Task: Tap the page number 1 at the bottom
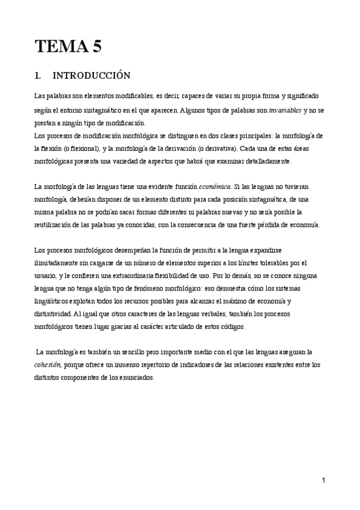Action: click(323, 480)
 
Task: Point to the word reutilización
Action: click(61, 224)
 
